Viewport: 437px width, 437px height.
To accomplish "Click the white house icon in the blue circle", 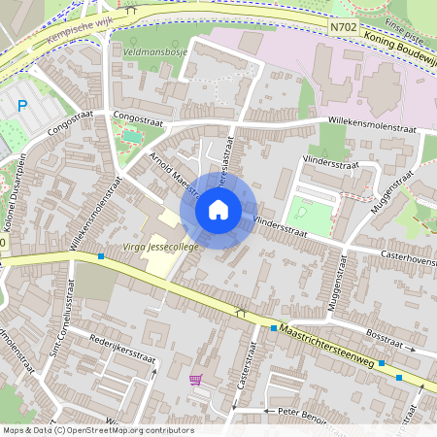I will pyautogui.click(x=218, y=209).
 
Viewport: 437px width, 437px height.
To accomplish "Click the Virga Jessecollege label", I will pyautogui.click(x=160, y=248).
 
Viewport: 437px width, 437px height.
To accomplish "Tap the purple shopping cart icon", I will pyautogui.click(x=196, y=380).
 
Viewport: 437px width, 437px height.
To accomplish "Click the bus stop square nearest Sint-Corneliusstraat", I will pyautogui.click(x=101, y=257).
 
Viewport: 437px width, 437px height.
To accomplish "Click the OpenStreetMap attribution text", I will pyautogui.click(x=97, y=430).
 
